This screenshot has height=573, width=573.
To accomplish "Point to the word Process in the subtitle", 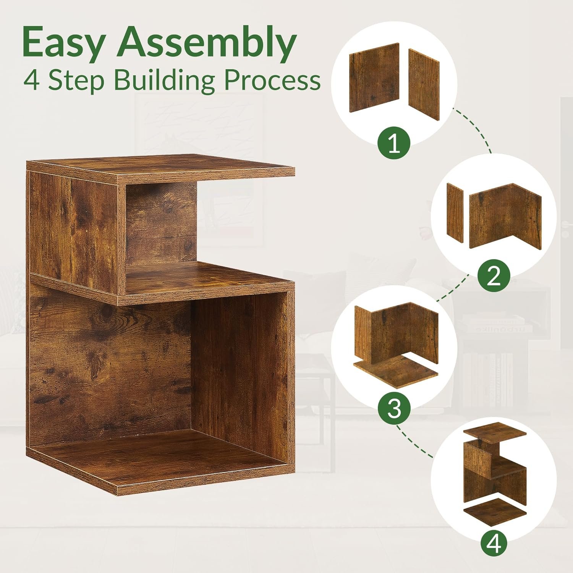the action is [272, 81].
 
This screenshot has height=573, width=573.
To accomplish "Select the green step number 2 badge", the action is [494, 276].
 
